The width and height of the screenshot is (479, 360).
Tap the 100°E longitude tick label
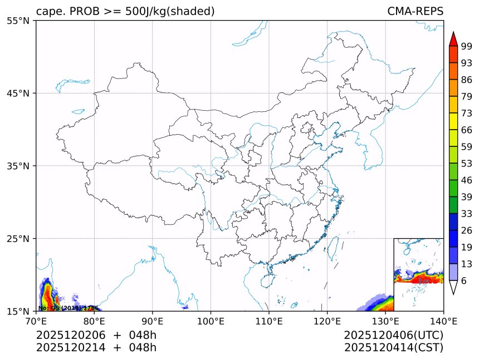click(211, 320)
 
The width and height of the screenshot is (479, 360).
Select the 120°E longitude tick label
click(327, 320)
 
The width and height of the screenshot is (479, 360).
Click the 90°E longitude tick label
click(153, 320)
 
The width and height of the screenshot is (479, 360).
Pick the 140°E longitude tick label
click(443, 320)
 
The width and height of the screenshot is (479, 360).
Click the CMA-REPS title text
click(415, 11)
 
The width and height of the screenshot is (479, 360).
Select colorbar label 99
click(467, 47)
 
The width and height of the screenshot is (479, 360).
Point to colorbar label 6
click(464, 280)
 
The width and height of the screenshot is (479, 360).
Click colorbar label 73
click(467, 114)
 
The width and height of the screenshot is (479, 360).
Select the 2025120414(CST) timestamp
click(393, 348)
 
